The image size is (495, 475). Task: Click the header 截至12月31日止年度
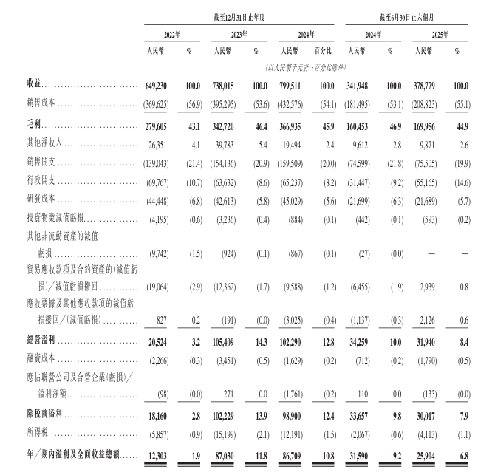click(237, 16)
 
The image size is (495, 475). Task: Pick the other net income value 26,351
click(161, 145)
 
